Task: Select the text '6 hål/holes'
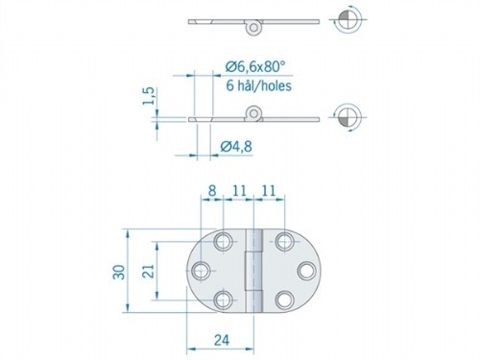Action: (258, 84)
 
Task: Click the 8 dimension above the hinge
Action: (212, 191)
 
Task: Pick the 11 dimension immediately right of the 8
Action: (240, 191)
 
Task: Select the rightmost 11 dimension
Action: (270, 191)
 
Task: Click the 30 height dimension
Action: (116, 272)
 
